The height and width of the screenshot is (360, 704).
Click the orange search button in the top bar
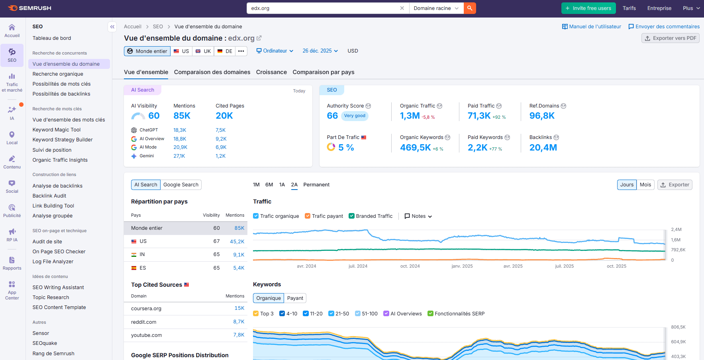[470, 8]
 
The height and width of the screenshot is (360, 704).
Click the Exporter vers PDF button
[670, 38]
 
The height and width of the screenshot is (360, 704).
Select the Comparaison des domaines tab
[212, 72]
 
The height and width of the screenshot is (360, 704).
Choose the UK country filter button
[203, 51]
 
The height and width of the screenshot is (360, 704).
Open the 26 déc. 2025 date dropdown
[320, 51]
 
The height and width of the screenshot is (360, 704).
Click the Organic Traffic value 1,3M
[410, 116]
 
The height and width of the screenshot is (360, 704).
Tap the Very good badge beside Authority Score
[355, 116]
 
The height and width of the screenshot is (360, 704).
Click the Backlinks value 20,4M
[543, 148]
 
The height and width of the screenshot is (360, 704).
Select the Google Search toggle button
[181, 185]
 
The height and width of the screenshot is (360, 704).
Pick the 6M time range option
[269, 185]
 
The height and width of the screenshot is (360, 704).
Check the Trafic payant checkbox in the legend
[308, 216]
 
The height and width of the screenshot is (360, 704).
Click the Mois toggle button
[645, 185]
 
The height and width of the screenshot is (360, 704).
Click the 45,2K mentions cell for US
[237, 241]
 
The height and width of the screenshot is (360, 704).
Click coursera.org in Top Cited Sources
[146, 309]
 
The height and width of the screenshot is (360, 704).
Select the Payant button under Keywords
[295, 298]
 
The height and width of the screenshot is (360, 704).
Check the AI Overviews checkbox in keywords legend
[386, 314]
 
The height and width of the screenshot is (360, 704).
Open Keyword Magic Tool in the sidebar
[57, 130]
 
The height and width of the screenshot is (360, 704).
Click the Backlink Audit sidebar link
[49, 196]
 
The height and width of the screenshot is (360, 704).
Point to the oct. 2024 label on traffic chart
[410, 266]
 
